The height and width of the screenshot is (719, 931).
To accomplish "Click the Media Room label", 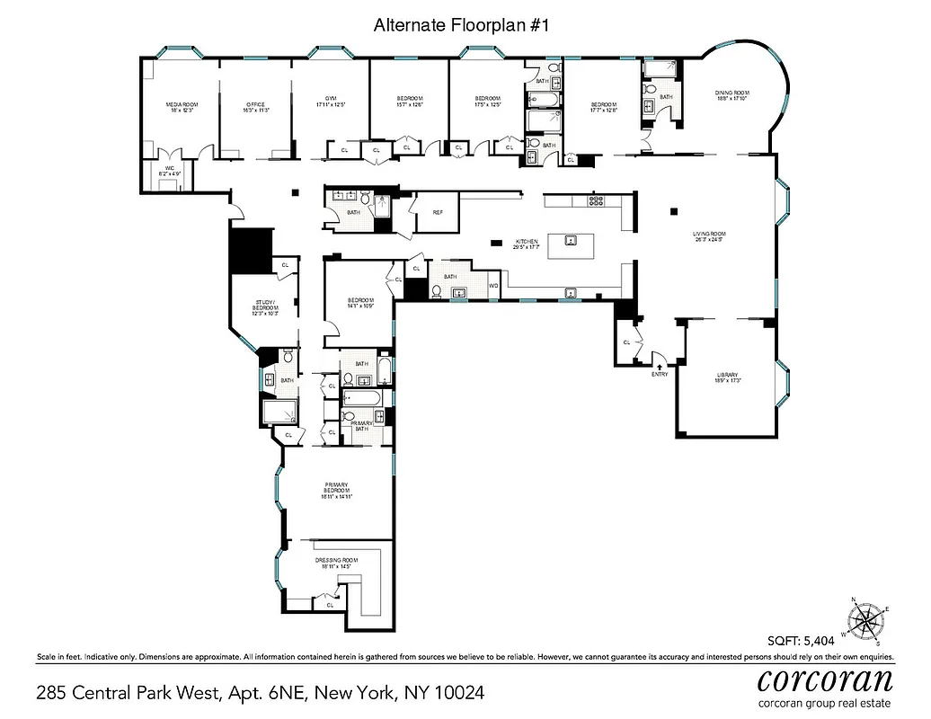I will pyautogui.click(x=181, y=108).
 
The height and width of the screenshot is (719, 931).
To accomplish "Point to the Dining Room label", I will pyautogui.click(x=731, y=96).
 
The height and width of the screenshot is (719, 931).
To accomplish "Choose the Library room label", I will pyautogui.click(x=727, y=377).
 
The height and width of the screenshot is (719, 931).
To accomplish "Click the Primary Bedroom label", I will pyautogui.click(x=335, y=492).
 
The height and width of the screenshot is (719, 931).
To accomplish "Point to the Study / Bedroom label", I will pyautogui.click(x=265, y=306).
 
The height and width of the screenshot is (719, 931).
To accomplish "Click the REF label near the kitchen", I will pyautogui.click(x=438, y=213).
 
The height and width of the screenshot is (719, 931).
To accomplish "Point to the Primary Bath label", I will pyautogui.click(x=362, y=425).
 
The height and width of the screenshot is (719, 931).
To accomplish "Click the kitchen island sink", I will pyautogui.click(x=570, y=240).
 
